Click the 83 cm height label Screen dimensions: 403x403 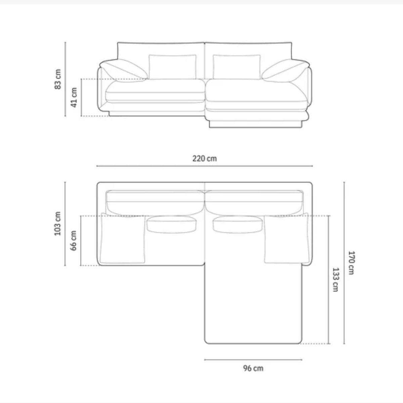click(x=58, y=79)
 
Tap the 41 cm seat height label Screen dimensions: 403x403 click(x=74, y=97)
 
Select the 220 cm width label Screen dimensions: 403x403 click(x=205, y=159)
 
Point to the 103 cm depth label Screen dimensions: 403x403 click(x=58, y=224)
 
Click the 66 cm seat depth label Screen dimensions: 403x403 click(x=74, y=241)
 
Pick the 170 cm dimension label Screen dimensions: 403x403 click(x=351, y=263)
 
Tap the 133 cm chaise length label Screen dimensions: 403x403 click(x=335, y=280)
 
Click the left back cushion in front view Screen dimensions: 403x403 click(x=173, y=67)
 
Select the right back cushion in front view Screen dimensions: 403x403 click(x=237, y=67)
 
